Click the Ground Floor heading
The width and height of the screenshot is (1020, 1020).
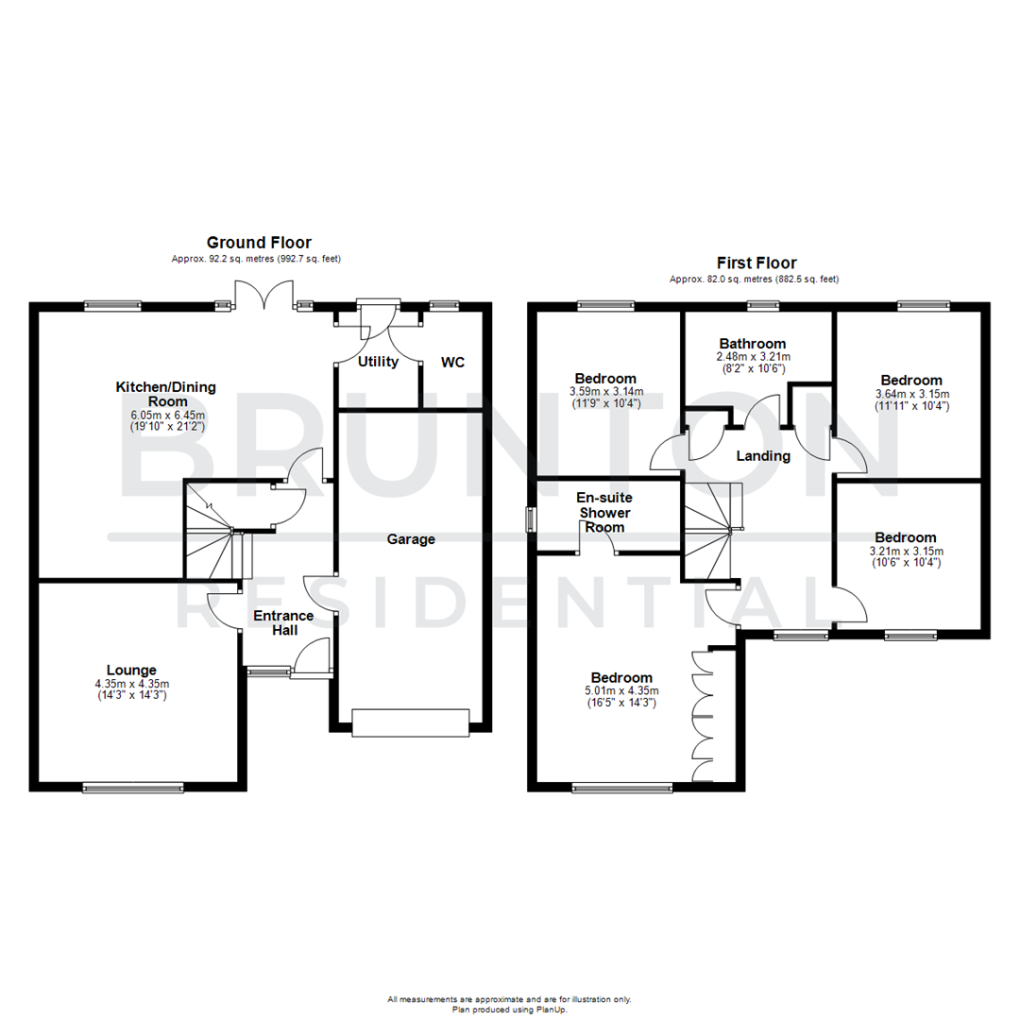[x=259, y=243]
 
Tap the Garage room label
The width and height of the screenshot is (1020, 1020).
[x=411, y=539]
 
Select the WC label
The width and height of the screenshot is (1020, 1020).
[x=452, y=362]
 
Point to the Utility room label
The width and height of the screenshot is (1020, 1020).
[x=378, y=362]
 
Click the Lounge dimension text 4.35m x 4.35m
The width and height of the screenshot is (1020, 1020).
[x=131, y=685]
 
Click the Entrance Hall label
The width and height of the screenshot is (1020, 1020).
[x=280, y=622]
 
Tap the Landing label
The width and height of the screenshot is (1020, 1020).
[x=763, y=456]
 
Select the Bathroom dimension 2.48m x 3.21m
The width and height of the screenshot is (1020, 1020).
[x=753, y=357]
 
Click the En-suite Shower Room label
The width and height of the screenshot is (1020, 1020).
[x=604, y=512]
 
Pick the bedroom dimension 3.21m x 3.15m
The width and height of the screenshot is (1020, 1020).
[x=905, y=552]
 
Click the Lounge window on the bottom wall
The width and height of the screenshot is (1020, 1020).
[x=132, y=785]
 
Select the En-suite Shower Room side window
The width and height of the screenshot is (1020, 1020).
[x=532, y=520]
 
